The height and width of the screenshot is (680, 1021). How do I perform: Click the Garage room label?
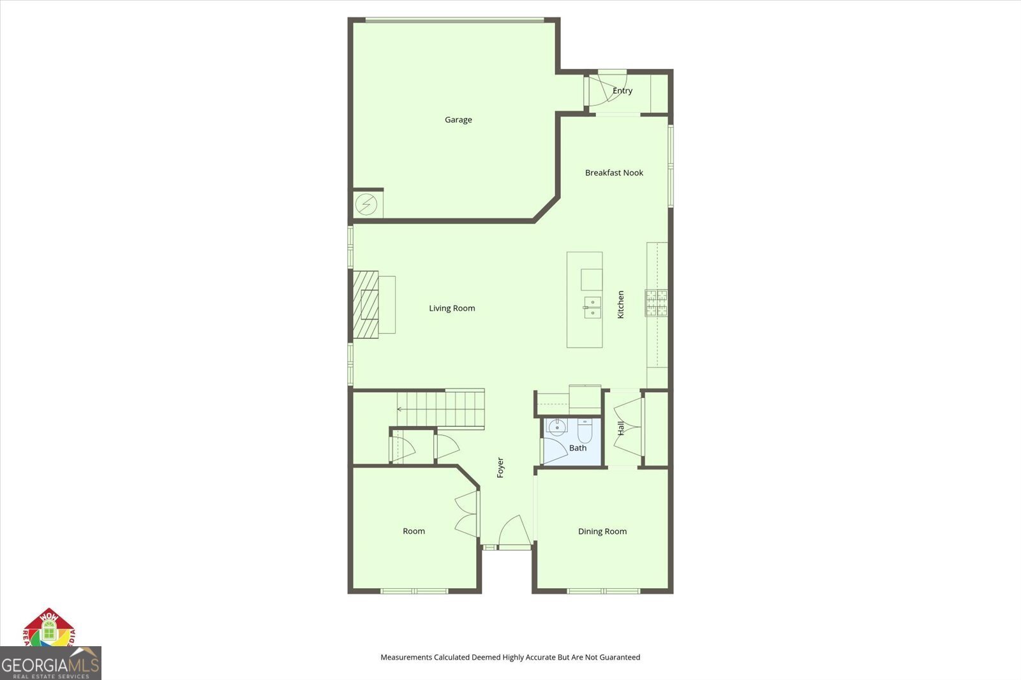point(458,120)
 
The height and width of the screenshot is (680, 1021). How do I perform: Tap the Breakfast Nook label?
point(614,173)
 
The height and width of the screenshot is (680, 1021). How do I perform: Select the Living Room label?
point(452,309)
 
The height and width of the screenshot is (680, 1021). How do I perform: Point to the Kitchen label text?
point(620,304)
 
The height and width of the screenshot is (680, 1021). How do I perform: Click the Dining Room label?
point(602,531)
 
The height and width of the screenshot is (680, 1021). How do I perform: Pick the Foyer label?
point(500,468)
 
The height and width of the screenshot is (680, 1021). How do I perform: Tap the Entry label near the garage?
point(622,91)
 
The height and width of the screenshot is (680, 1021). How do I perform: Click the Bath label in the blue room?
point(578,448)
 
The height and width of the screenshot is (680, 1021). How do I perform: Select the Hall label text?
point(621,428)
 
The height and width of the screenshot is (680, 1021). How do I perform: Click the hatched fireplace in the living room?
point(366,304)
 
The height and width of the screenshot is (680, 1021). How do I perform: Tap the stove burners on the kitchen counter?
point(657,303)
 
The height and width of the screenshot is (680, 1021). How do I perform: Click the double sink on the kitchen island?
point(592,307)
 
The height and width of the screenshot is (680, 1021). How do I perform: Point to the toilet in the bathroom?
point(585,431)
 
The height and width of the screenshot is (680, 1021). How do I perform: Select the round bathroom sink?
point(556,427)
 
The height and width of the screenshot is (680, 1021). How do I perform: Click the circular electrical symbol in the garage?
point(366,205)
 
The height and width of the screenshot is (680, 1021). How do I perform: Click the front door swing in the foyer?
point(512,531)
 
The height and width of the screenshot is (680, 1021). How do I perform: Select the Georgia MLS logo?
point(50,663)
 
